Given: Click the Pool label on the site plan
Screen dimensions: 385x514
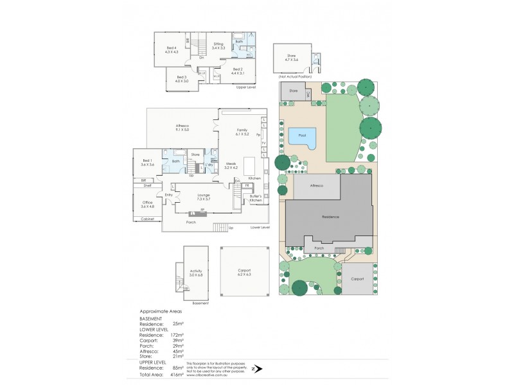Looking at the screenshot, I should point(302,135).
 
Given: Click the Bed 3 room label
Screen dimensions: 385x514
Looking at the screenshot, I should point(181,79).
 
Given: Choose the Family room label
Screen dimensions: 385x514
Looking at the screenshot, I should point(242,132).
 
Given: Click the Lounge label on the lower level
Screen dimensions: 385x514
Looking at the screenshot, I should point(204,196).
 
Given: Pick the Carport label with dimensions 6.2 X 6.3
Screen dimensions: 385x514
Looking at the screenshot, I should point(244,272).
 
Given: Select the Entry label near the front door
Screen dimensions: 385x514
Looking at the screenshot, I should point(169,195).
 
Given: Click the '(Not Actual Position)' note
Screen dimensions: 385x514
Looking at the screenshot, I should point(295,76).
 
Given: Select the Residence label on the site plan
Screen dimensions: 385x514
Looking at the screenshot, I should point(330,217).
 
